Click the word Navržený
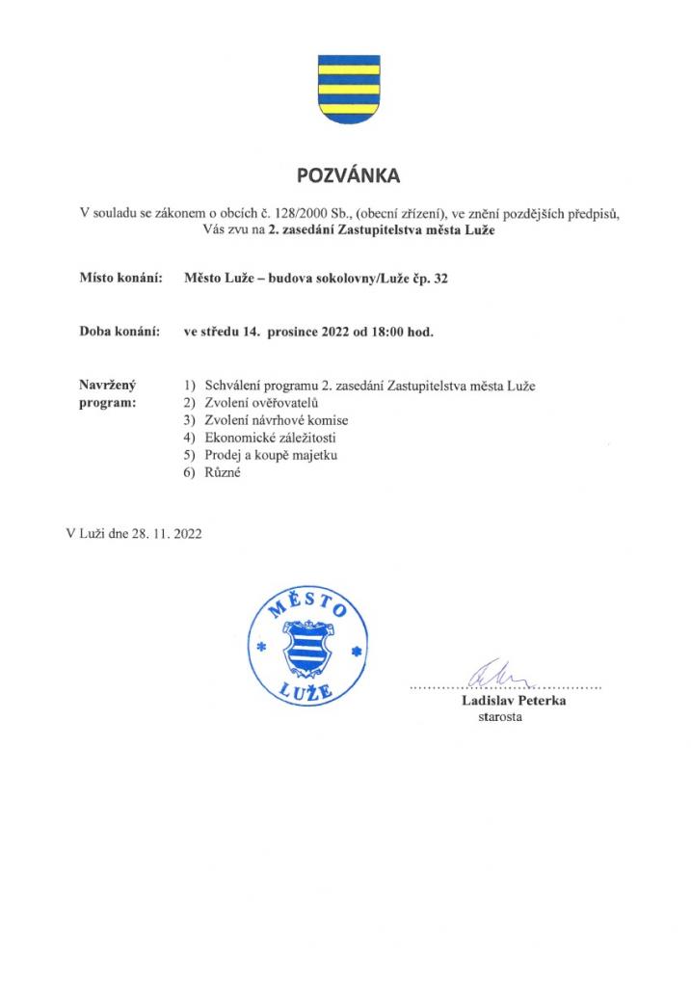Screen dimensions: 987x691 pos(107,386)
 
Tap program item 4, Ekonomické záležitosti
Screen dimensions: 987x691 pos(271,439)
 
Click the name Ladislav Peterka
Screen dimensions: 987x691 pos(513,702)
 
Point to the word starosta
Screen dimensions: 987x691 pos(499,718)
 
